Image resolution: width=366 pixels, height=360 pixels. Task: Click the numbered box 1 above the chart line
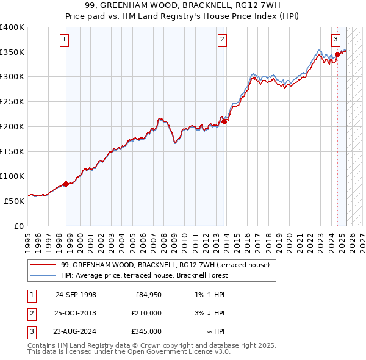[x=64, y=40]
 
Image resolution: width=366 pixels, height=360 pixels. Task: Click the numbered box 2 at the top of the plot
[x=223, y=40]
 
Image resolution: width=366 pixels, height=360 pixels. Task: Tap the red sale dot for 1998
[x=66, y=184]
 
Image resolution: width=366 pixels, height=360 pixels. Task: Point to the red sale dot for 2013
[x=224, y=121]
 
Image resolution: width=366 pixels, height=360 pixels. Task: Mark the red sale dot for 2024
[x=337, y=54]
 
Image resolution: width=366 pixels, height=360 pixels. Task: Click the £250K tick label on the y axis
[x=12, y=102]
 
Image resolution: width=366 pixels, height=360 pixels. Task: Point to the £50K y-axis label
[x=14, y=201]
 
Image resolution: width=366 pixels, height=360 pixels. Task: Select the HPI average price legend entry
[x=144, y=275]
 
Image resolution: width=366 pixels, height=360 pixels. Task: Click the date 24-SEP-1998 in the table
[x=76, y=295]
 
